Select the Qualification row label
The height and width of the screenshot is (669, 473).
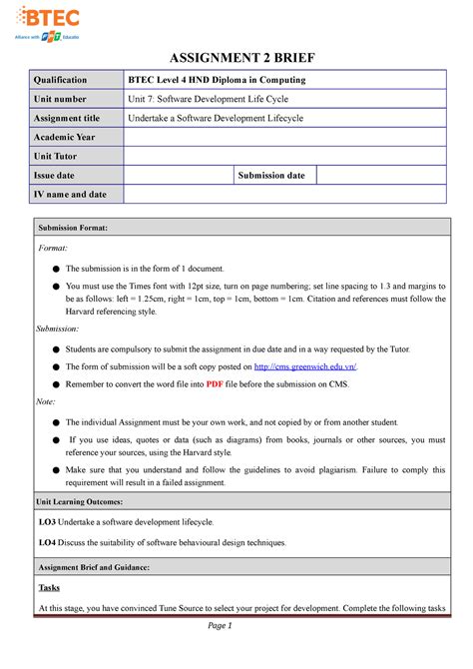coord(63,80)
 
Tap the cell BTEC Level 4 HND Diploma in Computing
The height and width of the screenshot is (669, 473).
coord(218,80)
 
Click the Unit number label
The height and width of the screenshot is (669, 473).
coord(62,99)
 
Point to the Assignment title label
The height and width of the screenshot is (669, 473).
coord(69,118)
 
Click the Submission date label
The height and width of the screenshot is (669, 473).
coord(271,176)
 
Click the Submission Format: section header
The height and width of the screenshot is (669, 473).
coord(79,229)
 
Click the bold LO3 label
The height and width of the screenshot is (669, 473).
coord(47,522)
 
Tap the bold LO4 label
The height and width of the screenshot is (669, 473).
coord(47,542)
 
